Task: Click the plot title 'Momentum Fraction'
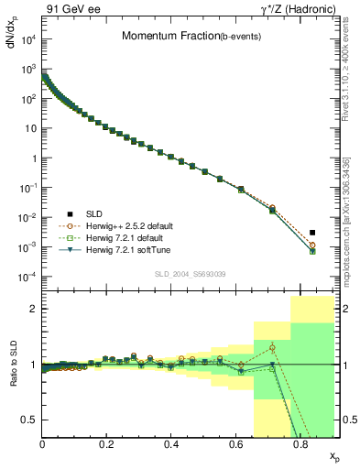tap(169, 37)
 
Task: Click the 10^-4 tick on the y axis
tap(30, 277)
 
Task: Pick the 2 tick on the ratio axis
tap(34, 309)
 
